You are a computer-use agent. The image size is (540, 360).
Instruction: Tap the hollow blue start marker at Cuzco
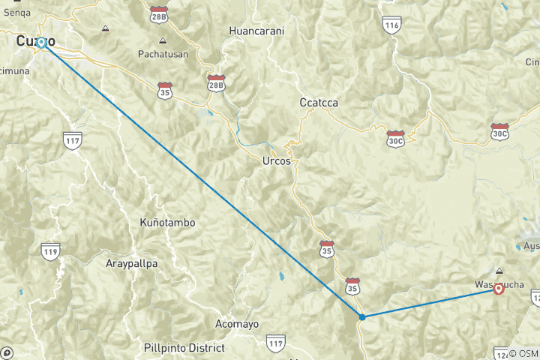coord(42,43)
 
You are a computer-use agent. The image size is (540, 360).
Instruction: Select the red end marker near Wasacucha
coord(499,289)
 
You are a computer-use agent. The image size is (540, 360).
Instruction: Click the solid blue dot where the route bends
coord(362,316)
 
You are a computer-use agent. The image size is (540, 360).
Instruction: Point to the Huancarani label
coord(257,31)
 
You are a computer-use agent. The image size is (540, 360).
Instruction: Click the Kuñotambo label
coord(167,223)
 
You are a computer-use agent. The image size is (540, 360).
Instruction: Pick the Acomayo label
coord(237,324)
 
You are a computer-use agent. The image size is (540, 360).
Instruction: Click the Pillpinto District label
coord(184,348)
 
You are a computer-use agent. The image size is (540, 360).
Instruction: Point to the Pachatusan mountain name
coord(162,54)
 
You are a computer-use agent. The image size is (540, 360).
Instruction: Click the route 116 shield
coord(391,25)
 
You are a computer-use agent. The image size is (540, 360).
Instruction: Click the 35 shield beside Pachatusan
coord(165,91)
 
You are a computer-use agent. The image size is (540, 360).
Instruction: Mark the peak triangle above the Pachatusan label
coord(163,40)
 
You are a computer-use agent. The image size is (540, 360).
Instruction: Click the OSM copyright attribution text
coord(523,353)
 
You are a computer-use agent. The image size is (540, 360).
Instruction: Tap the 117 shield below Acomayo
coord(275,343)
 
